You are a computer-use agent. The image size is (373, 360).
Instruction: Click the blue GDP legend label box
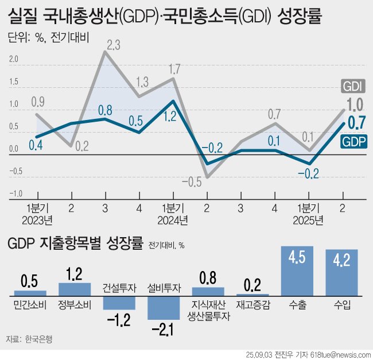tap(353, 141)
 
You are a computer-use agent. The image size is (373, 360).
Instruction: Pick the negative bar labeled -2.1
tap(164, 308)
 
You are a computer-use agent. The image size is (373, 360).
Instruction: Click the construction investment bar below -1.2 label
tap(119, 303)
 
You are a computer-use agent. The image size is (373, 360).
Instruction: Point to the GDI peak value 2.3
tap(113, 44)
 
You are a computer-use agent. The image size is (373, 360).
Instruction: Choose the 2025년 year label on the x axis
tap(308, 219)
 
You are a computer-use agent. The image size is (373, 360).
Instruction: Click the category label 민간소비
tap(29, 305)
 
